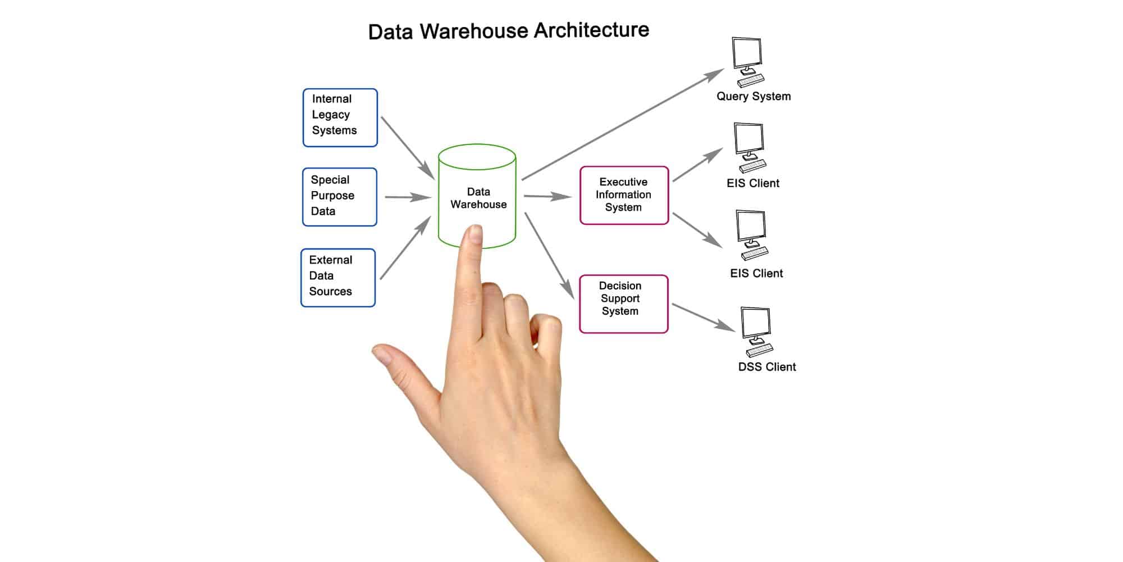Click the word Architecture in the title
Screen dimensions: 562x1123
(591, 30)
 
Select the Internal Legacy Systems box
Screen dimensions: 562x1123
(340, 117)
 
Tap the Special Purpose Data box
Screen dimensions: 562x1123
(339, 197)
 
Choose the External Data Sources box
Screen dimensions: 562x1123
(337, 278)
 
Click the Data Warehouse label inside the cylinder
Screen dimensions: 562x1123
(478, 198)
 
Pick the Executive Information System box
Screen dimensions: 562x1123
(624, 195)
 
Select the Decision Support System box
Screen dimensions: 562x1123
(623, 303)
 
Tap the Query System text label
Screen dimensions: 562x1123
(753, 96)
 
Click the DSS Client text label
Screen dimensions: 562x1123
(766, 367)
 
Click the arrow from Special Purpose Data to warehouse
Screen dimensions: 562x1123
(407, 197)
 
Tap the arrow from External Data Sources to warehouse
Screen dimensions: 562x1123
(405, 247)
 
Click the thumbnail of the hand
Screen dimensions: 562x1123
(384, 355)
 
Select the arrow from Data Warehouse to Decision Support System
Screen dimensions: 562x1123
(549, 255)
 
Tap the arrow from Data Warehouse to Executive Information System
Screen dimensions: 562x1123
(547, 196)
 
